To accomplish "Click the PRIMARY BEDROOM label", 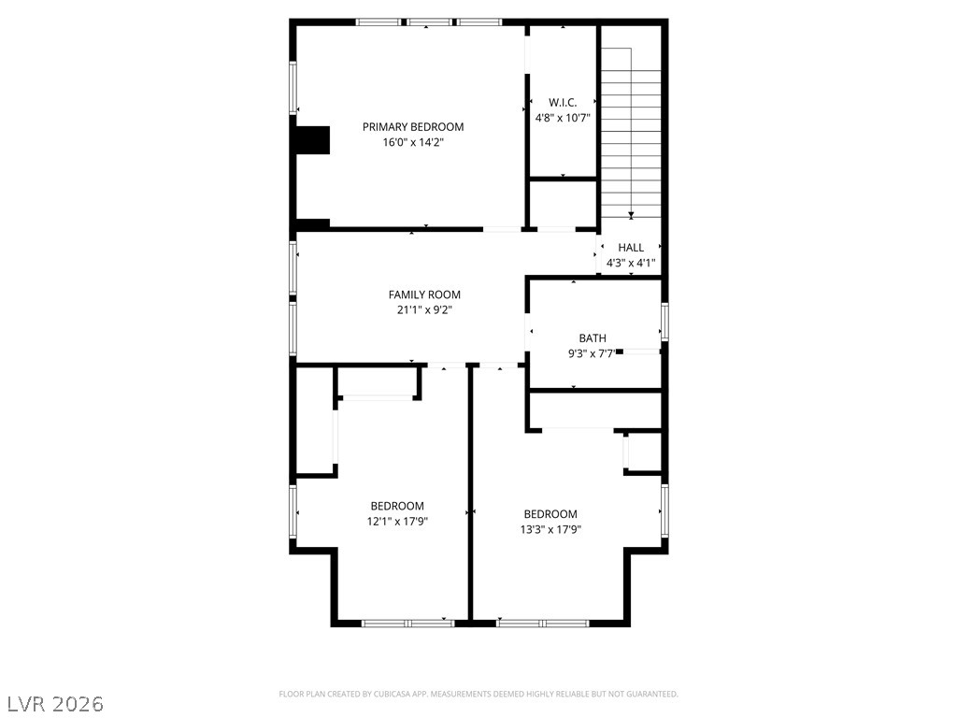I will pyautogui.click(x=412, y=127).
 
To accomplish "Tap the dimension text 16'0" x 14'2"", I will pyautogui.click(x=412, y=143).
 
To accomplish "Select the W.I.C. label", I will pyautogui.click(x=563, y=102).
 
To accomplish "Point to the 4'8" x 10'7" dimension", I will pyautogui.click(x=563, y=118).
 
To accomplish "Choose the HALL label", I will pyautogui.click(x=631, y=248).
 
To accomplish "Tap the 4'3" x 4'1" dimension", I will pyautogui.click(x=631, y=264).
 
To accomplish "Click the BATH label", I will pyautogui.click(x=593, y=338).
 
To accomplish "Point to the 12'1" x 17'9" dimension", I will pyautogui.click(x=396, y=522).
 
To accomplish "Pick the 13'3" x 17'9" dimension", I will pyautogui.click(x=550, y=530).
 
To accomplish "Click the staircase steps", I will pyautogui.click(x=631, y=131).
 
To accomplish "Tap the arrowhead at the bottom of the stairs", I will pyautogui.click(x=631, y=216).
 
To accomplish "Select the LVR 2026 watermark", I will pyautogui.click(x=55, y=702).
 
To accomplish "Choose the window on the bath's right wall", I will pyautogui.click(x=664, y=321).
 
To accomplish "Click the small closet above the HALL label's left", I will pyautogui.click(x=563, y=203).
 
